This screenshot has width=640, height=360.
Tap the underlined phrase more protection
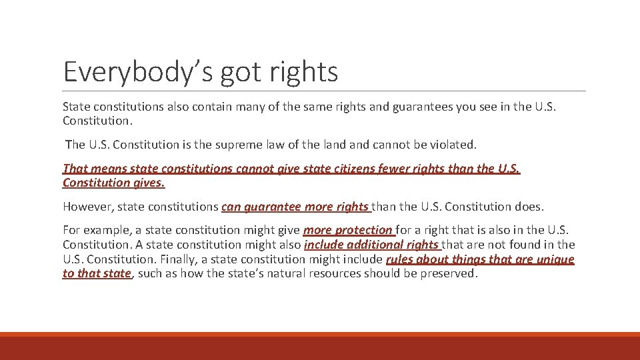point(348,231)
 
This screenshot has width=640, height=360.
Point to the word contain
point(207,107)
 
